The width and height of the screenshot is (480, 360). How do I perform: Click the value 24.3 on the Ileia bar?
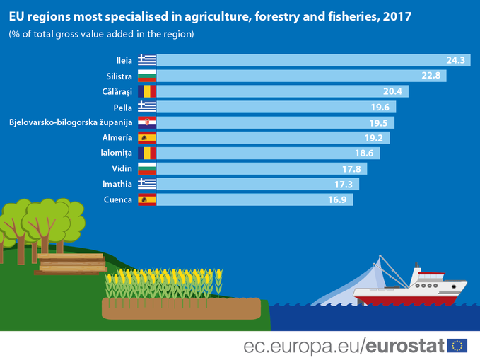[x=455, y=61]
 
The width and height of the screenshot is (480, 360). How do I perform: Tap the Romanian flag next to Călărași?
[x=147, y=92]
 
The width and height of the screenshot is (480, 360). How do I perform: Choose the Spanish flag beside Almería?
[x=147, y=139]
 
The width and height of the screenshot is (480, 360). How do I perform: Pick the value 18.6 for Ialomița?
[x=365, y=153]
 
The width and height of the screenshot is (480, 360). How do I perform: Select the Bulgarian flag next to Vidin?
[x=147, y=169]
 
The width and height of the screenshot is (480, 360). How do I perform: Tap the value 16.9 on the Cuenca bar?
[x=336, y=200]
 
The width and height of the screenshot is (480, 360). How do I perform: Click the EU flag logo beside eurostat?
[x=457, y=346]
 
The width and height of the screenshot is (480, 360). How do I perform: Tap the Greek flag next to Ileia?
[x=147, y=61]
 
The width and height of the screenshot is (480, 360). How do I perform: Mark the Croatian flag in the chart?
[x=147, y=123]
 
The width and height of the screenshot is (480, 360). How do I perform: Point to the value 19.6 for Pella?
[x=380, y=108]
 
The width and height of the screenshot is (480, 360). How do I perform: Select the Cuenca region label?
[x=117, y=200]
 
